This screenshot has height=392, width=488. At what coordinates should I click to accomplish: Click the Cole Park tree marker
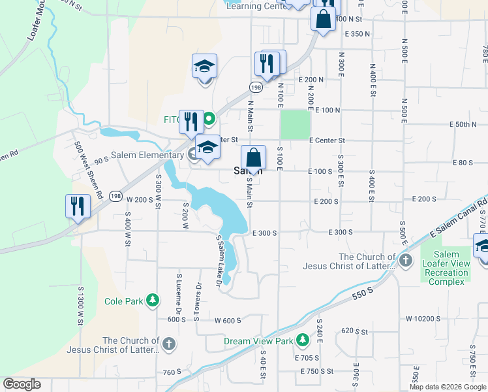pyautogui.click(x=152, y=301)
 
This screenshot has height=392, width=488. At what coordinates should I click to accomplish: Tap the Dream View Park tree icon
pyautogui.click(x=302, y=340)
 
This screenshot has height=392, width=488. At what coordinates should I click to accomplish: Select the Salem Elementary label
pyautogui.click(x=147, y=155)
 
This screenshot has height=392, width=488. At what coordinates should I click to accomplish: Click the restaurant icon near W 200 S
pyautogui.click(x=78, y=206)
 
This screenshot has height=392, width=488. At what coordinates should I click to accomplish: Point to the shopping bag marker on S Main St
pyautogui.click(x=253, y=159)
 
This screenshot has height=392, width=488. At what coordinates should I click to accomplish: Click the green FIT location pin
pyautogui.click(x=209, y=120)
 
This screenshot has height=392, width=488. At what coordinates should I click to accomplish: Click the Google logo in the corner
pyautogui.click(x=22, y=384)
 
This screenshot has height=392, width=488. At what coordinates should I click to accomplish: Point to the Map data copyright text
pyautogui.click(x=447, y=387)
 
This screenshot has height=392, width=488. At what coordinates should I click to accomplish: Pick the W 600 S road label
pyautogui.click(x=228, y=320)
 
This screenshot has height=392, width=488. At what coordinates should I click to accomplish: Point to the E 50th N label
pyautogui.click(x=463, y=124)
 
